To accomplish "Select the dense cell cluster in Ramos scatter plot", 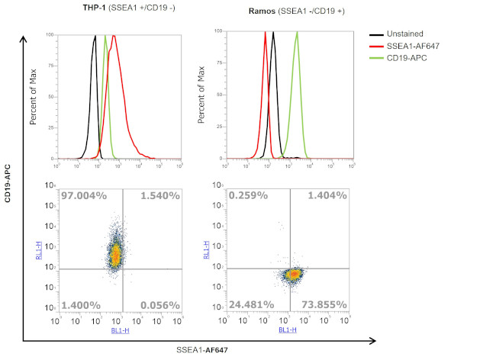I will (x=292, y=273).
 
